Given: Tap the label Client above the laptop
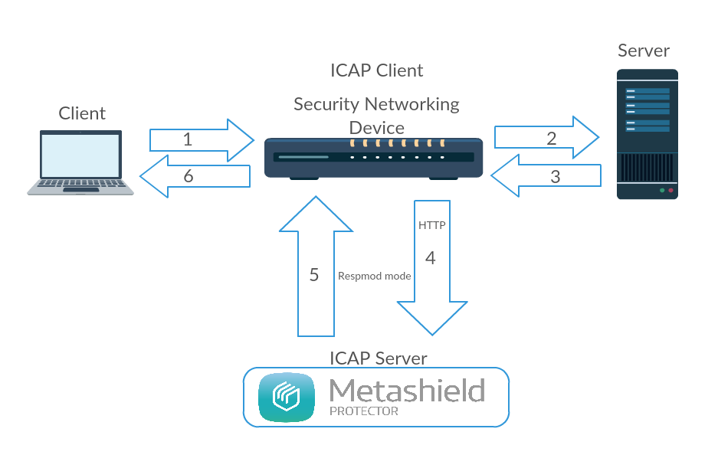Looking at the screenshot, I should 82,113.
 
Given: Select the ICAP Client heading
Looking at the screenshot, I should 376,70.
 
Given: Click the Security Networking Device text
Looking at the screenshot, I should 376,115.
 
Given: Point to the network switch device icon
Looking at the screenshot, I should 373,158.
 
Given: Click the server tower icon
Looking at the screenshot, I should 648,134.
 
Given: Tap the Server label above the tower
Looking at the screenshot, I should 644,51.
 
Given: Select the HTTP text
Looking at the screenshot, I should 431,226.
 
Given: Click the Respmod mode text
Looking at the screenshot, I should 374,276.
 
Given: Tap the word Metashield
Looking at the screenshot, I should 407,391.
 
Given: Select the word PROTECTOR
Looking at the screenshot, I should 364,411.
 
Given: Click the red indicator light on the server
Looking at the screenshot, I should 670,190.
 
